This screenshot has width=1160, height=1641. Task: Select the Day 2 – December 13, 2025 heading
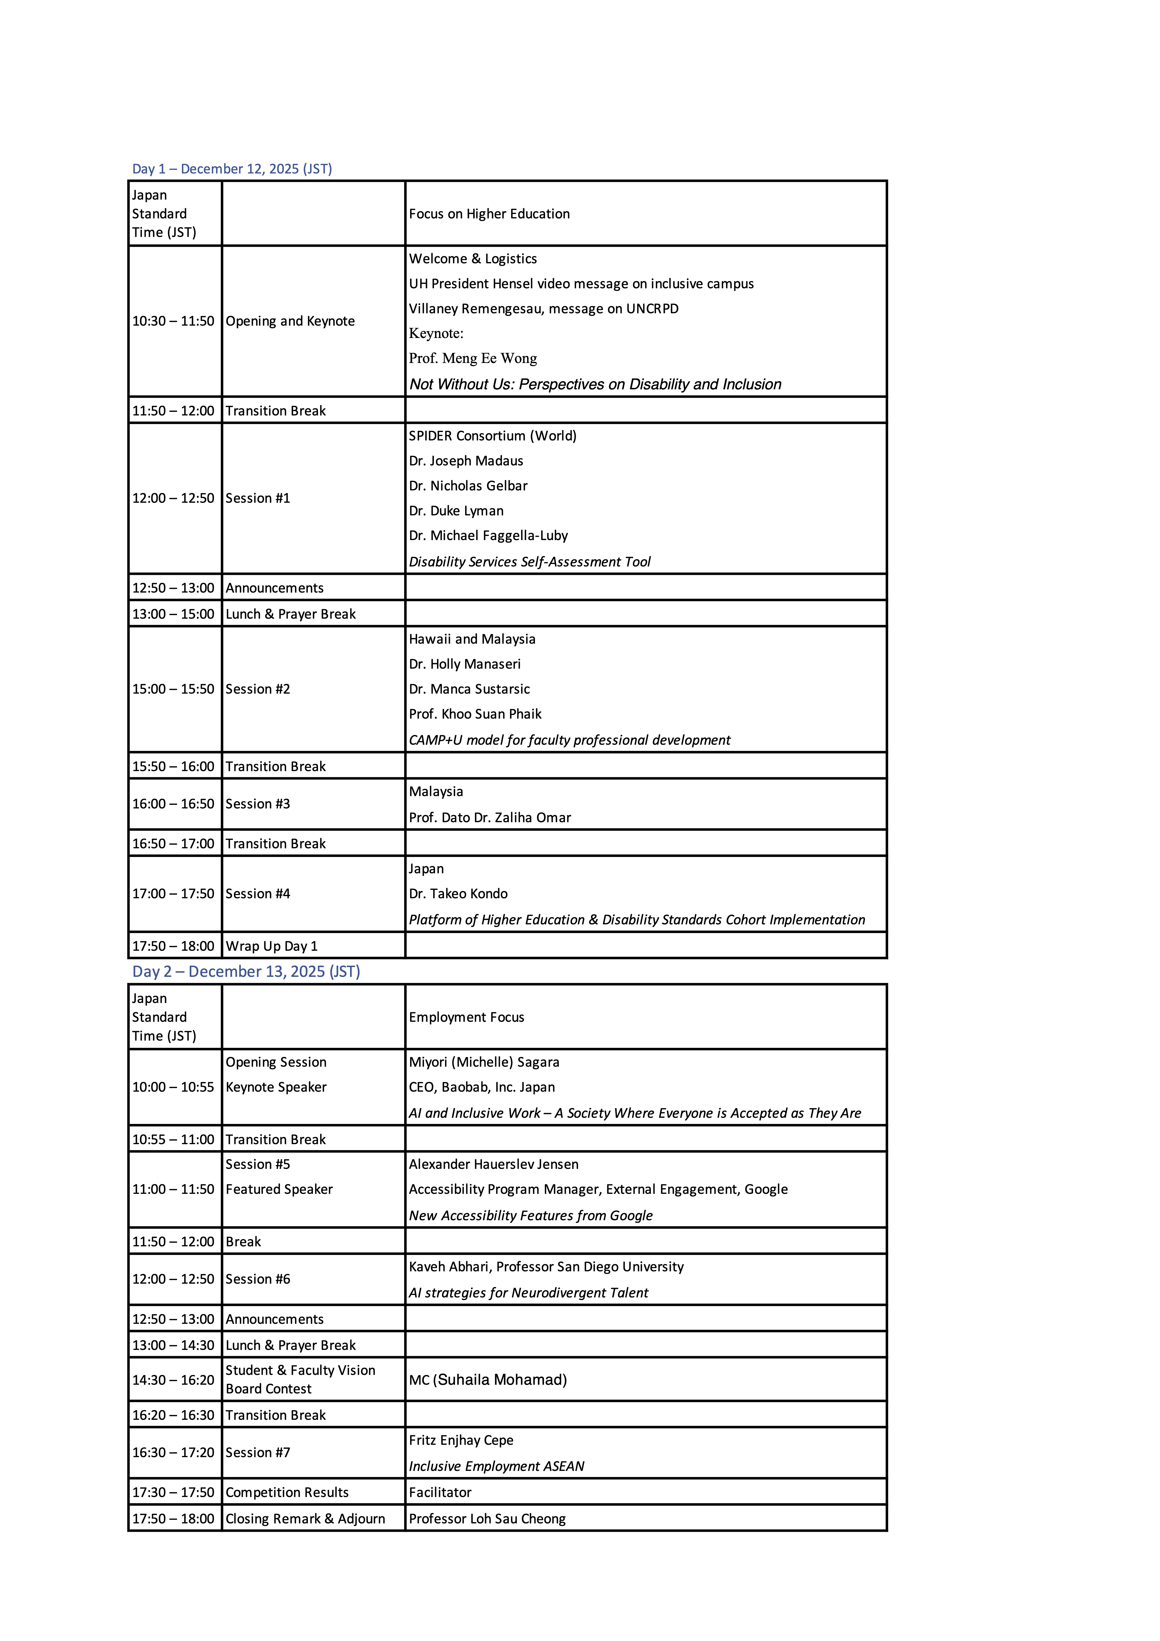point(246,971)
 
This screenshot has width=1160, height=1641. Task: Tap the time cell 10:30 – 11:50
point(173,321)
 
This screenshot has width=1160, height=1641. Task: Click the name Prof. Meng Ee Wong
point(472,358)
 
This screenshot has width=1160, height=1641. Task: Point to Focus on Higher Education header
point(489,214)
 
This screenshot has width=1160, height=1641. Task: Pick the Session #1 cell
point(258,498)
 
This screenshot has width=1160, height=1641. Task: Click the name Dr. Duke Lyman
point(456,510)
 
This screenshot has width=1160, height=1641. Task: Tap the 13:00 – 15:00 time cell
point(173,614)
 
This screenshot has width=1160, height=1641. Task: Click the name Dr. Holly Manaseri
point(465,664)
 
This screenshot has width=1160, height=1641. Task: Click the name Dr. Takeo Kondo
point(458,893)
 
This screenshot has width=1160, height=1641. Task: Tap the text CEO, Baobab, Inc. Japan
point(482,1087)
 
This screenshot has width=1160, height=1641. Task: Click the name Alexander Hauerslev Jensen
point(493,1164)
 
